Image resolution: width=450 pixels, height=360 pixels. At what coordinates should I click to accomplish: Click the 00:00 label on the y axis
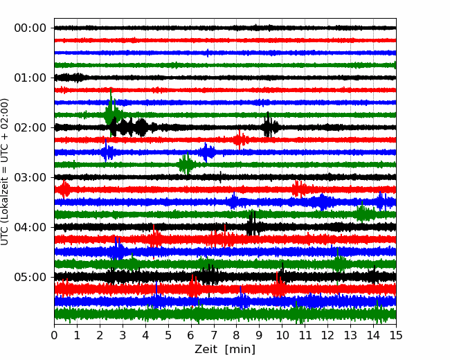pyautogui.click(x=30, y=28)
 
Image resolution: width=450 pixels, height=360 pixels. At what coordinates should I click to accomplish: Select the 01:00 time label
pyautogui.click(x=30, y=78)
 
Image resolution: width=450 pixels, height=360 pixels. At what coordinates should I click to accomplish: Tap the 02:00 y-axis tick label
pyautogui.click(x=30, y=127)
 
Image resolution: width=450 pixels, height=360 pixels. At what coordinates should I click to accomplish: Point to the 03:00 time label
pyautogui.click(x=30, y=177)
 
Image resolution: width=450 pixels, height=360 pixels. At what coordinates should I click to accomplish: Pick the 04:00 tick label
pyautogui.click(x=30, y=227)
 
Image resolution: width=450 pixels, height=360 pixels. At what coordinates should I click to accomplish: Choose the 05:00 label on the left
pyautogui.click(x=30, y=277)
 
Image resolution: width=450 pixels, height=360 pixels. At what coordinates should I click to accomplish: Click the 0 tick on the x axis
pyautogui.click(x=54, y=335)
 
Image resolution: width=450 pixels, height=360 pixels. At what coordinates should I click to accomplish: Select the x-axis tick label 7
pyautogui.click(x=214, y=335)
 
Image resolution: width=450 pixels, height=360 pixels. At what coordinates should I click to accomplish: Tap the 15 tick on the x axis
pyautogui.click(x=396, y=335)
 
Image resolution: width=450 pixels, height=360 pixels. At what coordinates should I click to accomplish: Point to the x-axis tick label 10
pyautogui.click(x=282, y=335)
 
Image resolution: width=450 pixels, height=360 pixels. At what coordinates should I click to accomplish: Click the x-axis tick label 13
pyautogui.click(x=350, y=335)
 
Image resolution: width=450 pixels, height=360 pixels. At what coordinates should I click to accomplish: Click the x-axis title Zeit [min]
pyautogui.click(x=225, y=350)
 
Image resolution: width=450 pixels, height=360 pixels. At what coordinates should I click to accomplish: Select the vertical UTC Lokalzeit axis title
pyautogui.click(x=5, y=172)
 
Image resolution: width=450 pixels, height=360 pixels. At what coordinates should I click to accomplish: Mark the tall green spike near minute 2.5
pyautogui.click(x=111, y=112)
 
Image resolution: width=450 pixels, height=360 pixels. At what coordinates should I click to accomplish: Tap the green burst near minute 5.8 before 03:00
pyautogui.click(x=186, y=164)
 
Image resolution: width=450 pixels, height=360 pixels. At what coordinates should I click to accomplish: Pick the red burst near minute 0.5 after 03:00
pyautogui.click(x=64, y=190)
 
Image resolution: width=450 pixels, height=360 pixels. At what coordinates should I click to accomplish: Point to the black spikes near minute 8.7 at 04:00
pyautogui.click(x=252, y=224)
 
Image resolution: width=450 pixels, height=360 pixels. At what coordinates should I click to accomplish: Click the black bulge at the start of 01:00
pyautogui.click(x=71, y=78)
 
